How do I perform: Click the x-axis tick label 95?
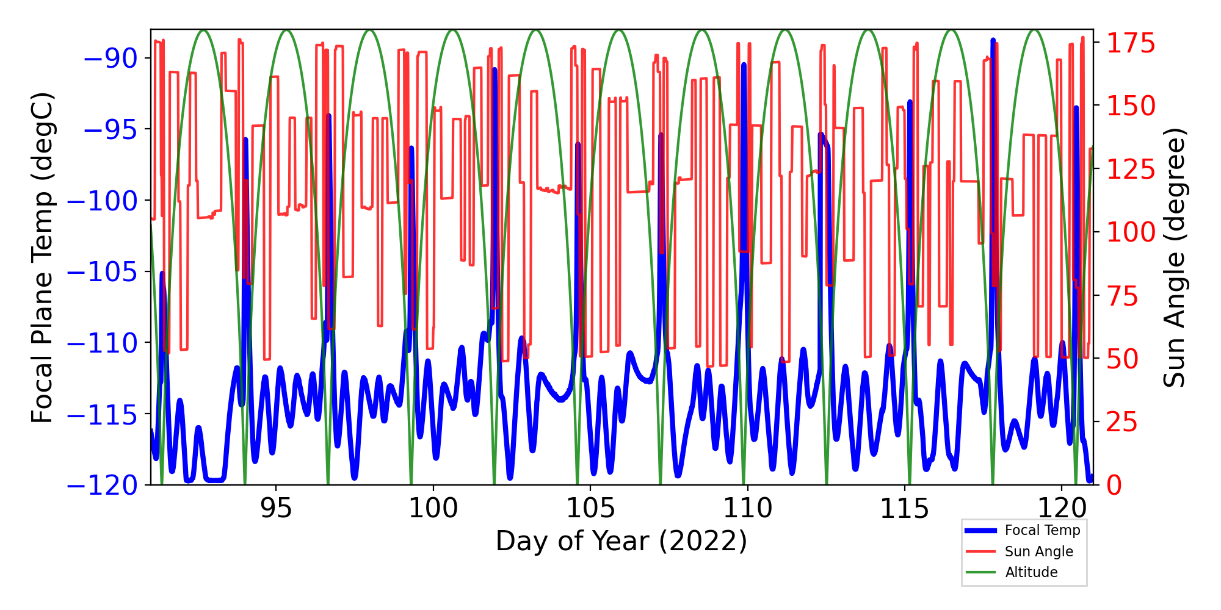[276, 508]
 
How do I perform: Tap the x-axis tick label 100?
[433, 508]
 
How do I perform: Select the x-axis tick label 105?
[590, 508]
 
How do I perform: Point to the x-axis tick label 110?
[747, 508]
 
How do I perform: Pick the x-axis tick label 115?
[904, 508]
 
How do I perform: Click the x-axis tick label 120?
[1062, 508]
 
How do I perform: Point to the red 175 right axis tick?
[1131, 44]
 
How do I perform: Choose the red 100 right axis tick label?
[1131, 232]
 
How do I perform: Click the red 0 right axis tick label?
[1114, 486]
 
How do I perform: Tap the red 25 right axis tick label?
[1123, 422]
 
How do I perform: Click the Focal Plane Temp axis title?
[43, 257]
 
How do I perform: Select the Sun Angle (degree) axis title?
[1173, 257]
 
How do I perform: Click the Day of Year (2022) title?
[621, 541]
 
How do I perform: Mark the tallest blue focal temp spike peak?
[993, 40]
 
